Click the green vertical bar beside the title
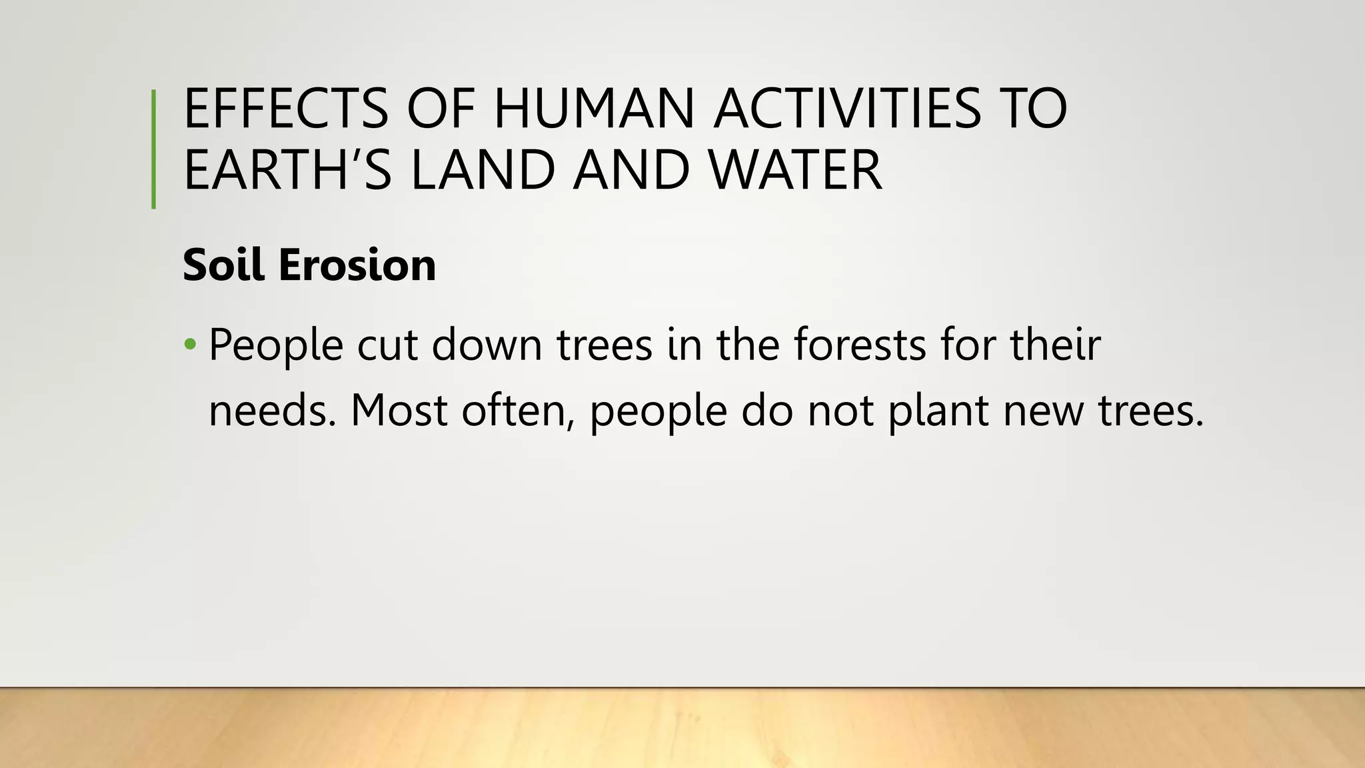154,149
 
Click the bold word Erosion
357,265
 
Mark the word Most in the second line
399,410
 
